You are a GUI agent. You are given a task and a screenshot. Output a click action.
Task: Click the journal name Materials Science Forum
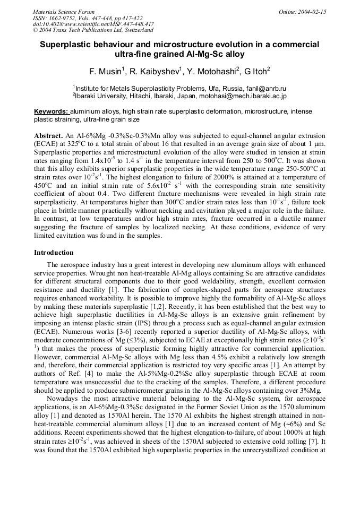(64, 12)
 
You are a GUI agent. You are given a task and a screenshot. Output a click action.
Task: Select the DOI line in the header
(93, 24)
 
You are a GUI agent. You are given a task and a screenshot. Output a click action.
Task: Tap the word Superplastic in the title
(68, 45)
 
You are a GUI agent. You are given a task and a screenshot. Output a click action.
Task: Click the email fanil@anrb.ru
(261, 88)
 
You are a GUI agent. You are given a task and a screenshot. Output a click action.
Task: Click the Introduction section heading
(54, 252)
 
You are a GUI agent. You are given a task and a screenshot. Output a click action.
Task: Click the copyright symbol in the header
(35, 31)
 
